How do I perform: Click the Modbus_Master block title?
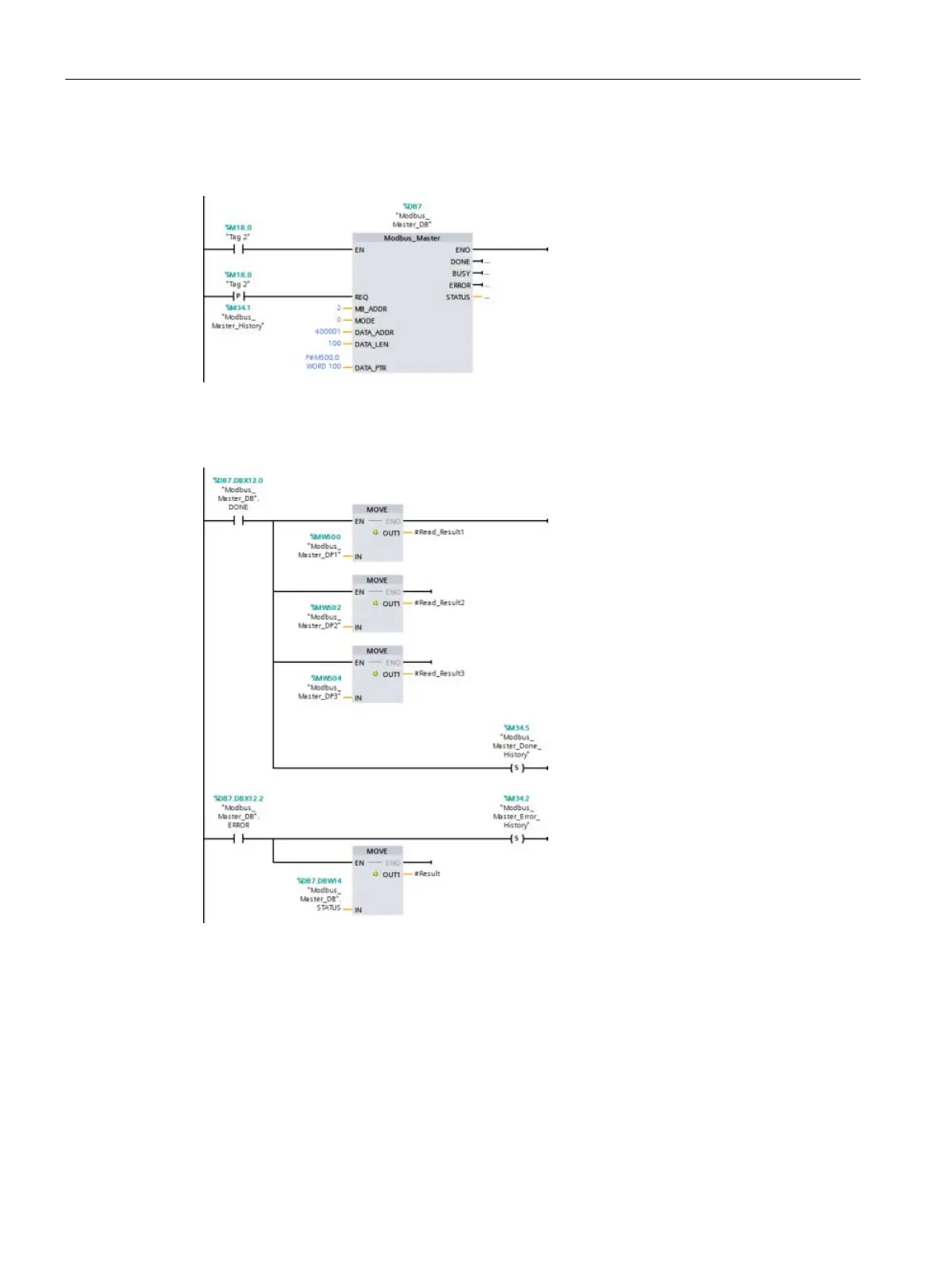(x=412, y=238)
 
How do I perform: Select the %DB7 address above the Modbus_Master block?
(x=412, y=206)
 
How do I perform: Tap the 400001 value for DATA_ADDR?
(x=327, y=331)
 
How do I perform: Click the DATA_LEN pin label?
(x=371, y=345)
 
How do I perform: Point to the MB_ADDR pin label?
(x=371, y=309)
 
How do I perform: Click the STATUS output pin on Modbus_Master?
(x=457, y=297)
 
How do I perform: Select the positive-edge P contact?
(x=237, y=296)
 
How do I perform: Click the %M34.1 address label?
(x=237, y=307)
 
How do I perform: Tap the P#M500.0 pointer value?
(x=323, y=358)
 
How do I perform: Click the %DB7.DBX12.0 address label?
(x=237, y=480)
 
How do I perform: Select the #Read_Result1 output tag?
(x=439, y=532)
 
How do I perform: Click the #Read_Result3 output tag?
(x=439, y=674)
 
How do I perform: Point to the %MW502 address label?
(x=325, y=608)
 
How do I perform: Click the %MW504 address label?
(x=325, y=679)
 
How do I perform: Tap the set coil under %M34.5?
(x=516, y=768)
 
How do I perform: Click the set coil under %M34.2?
(x=516, y=839)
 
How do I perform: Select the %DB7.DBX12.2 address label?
(x=237, y=798)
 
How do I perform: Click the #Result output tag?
(x=427, y=874)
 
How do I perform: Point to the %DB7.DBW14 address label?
(x=319, y=881)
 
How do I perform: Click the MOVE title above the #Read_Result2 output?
(x=377, y=581)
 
